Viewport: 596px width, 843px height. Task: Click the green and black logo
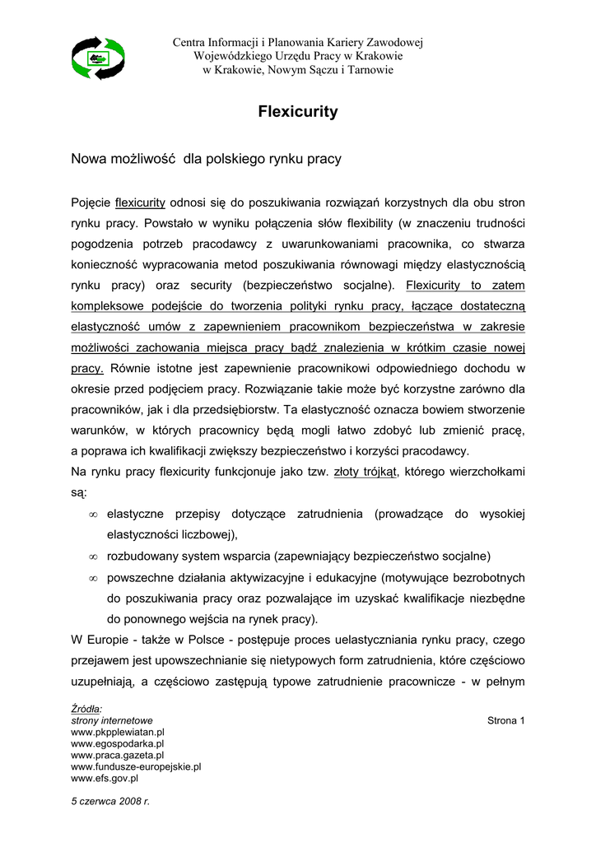98,58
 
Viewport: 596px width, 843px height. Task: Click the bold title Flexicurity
298,112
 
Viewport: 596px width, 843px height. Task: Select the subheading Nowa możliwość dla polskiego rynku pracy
206,158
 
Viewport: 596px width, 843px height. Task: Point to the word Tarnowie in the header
369,70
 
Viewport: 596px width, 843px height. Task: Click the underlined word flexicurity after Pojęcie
141,202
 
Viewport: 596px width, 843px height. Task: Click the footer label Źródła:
86,709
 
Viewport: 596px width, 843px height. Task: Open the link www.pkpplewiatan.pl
119,731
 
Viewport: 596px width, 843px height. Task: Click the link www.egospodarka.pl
119,743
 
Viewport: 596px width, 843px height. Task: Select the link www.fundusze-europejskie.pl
137,766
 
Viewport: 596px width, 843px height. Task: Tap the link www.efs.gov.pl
105,777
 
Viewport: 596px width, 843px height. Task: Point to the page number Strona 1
506,721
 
